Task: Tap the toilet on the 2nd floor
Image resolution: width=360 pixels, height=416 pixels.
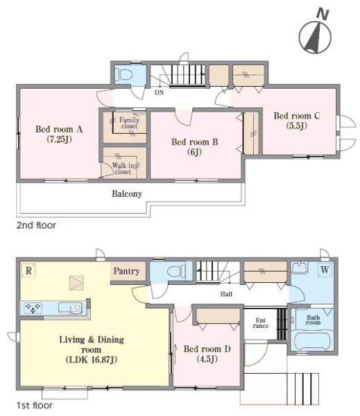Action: coord(123,74)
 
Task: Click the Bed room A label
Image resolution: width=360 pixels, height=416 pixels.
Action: coord(59,134)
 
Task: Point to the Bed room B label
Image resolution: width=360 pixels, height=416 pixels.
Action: coord(195,147)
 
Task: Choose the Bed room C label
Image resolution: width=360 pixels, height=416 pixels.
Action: coord(297,121)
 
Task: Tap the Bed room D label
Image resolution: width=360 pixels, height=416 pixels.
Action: coord(207,354)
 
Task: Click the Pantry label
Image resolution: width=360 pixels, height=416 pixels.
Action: coord(127,271)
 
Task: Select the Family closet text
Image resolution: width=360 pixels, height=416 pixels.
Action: coord(129,123)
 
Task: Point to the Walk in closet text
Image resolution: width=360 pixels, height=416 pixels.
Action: coord(123,168)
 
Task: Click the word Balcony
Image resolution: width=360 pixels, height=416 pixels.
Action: coord(127,194)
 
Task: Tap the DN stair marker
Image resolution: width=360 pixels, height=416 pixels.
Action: coord(159,93)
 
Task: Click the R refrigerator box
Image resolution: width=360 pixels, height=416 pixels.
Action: coord(28,270)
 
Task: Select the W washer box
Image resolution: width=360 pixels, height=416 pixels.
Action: coord(325,270)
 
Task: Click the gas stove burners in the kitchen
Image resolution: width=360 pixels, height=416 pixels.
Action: coord(33,308)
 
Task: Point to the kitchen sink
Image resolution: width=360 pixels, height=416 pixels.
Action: coord(70,308)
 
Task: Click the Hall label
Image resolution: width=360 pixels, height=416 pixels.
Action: coord(226,294)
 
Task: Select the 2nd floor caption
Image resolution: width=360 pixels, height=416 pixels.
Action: coord(36,225)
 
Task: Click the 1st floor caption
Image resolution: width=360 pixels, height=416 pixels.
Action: coord(35,406)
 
